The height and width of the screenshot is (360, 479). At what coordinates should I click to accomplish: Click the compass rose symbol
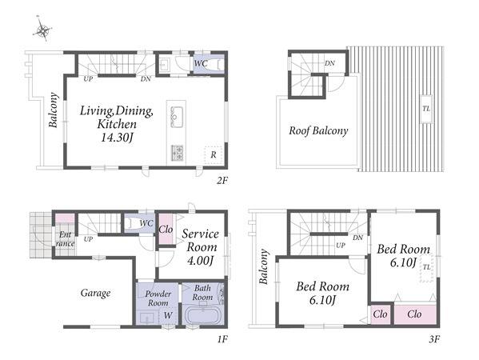[42, 30]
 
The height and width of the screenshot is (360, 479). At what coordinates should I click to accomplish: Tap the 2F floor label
[222, 181]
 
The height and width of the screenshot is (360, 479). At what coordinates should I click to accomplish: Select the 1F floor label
[222, 339]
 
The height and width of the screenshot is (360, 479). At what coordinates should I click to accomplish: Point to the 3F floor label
[433, 339]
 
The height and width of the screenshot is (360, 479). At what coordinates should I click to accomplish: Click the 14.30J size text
[117, 138]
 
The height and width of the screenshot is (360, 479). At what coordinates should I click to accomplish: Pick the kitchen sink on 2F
[177, 117]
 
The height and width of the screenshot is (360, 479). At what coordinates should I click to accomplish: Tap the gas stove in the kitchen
[177, 153]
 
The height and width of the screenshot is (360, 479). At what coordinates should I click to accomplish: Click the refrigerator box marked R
[214, 154]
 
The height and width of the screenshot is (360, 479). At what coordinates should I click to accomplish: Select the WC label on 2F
[201, 63]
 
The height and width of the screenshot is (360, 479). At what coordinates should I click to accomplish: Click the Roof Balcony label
[318, 130]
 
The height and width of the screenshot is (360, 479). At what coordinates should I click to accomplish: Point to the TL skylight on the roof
[426, 109]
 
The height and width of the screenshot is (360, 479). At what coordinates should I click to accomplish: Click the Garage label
[95, 293]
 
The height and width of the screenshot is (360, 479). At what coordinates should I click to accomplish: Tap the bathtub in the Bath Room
[203, 316]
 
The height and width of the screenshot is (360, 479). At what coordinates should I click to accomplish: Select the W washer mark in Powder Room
[168, 315]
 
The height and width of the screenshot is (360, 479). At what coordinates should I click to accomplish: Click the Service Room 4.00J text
[201, 247]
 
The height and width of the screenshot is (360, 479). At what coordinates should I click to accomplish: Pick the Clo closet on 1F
[166, 230]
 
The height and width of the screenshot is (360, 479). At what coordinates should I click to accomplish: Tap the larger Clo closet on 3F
[414, 314]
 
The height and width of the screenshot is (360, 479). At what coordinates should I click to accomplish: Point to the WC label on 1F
[146, 223]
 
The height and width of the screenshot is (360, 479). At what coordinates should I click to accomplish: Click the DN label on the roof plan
[329, 63]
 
